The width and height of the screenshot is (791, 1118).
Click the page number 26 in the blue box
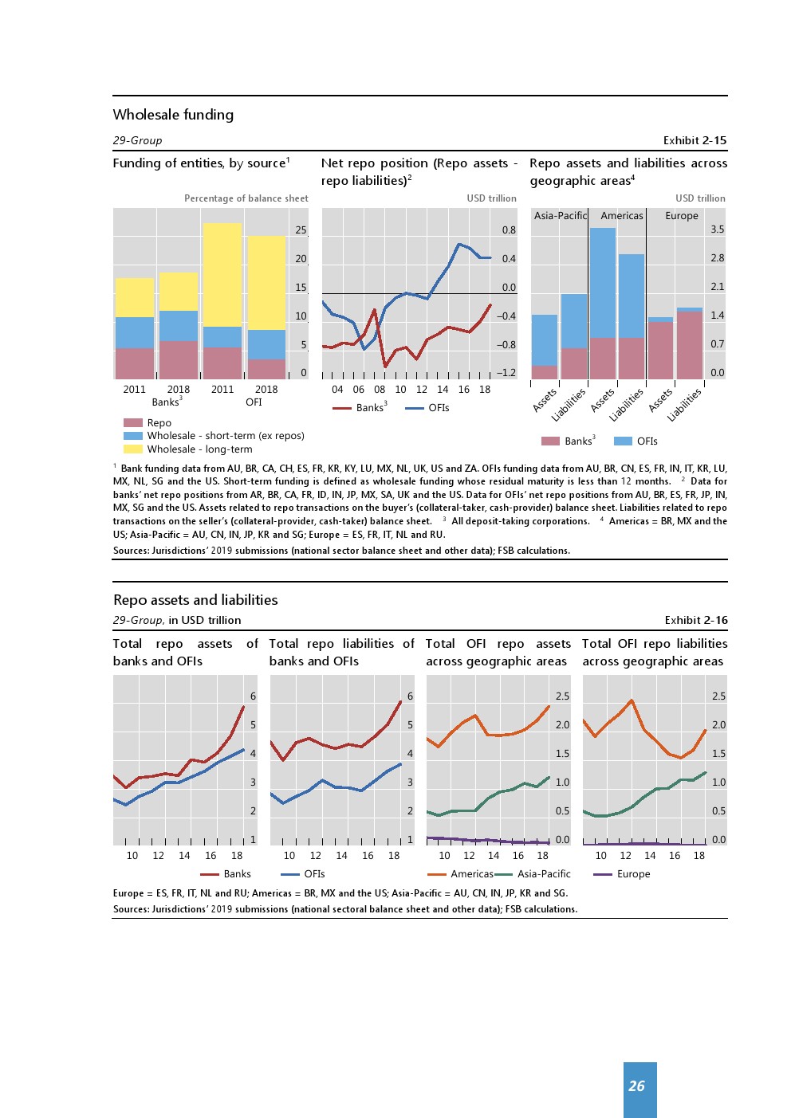(636, 1086)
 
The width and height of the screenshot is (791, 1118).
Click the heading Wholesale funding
(173, 115)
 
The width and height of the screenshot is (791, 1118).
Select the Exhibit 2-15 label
(695, 140)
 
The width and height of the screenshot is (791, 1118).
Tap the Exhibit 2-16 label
(695, 620)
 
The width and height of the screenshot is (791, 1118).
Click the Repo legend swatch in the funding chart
(132, 423)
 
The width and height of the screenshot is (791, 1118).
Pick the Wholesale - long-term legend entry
(199, 449)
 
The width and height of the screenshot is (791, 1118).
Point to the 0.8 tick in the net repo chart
(509, 230)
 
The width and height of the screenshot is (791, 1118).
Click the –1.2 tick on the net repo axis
(506, 373)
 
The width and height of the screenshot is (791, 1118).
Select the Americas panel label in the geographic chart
(621, 216)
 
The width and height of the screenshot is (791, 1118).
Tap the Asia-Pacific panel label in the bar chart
(560, 216)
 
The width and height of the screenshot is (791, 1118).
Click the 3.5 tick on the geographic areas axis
(717, 229)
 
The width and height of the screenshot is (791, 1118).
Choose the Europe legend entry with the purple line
(633, 874)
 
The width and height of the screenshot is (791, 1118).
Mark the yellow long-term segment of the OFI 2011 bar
(222, 274)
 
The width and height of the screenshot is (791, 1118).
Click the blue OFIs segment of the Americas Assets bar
(603, 282)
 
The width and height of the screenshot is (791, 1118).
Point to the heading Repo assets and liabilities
(195, 600)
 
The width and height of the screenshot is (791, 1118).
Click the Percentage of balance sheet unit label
(246, 198)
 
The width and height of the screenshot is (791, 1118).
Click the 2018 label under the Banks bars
(179, 390)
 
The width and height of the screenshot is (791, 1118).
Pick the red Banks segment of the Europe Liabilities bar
(690, 345)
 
